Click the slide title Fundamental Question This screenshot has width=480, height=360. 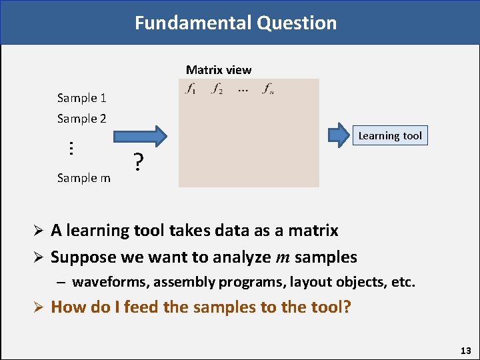click(x=235, y=23)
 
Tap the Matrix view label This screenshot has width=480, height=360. click(x=219, y=70)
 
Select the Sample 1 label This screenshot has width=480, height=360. click(x=81, y=98)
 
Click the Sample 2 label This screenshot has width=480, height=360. click(x=81, y=119)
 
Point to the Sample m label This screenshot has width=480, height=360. click(x=83, y=178)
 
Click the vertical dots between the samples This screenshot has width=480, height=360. click(x=71, y=148)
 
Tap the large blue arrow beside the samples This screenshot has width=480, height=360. click(x=140, y=136)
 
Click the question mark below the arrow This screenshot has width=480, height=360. click(x=138, y=162)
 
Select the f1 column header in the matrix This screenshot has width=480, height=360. click(x=191, y=89)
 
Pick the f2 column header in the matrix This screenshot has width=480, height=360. click(x=217, y=89)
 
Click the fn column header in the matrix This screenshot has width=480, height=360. click(x=267, y=89)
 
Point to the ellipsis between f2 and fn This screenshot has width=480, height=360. click(x=243, y=89)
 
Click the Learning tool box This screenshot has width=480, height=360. click(x=390, y=136)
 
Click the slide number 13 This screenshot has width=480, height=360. click(x=465, y=351)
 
